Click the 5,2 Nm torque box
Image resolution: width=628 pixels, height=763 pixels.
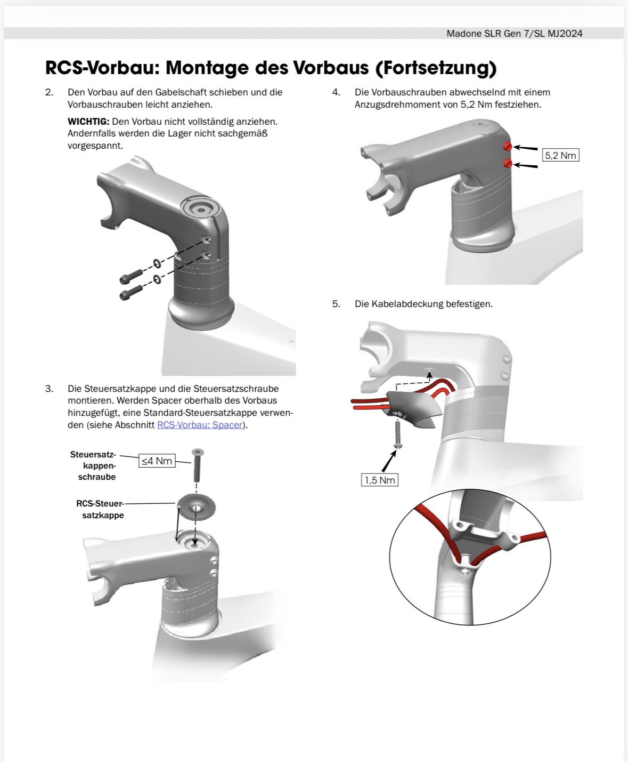[560, 155]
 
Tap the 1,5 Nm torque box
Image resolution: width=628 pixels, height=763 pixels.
[379, 480]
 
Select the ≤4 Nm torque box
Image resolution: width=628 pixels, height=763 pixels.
[157, 461]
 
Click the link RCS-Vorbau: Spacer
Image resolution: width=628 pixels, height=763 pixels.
[200, 425]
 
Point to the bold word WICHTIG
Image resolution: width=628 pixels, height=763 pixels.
[88, 122]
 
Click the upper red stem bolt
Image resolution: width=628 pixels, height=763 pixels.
[508, 147]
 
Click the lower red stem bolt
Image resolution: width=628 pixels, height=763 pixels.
[508, 164]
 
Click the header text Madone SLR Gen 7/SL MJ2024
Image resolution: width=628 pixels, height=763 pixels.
[514, 34]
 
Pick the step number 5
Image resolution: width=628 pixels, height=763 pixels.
[336, 304]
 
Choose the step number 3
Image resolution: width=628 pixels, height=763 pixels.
[49, 389]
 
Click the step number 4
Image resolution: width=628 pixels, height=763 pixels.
[336, 92]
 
